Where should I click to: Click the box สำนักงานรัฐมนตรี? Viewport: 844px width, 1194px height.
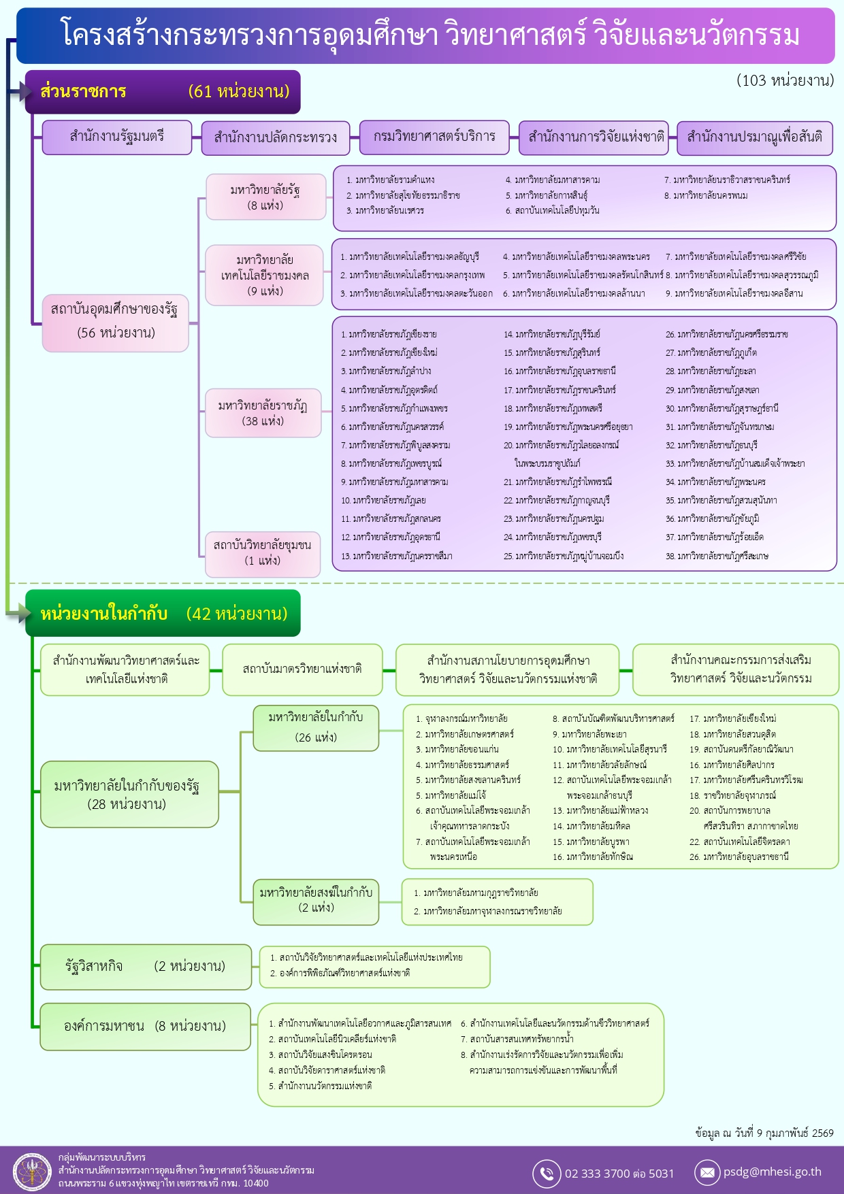tap(117, 137)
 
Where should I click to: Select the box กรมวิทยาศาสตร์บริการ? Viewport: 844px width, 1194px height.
tap(434, 137)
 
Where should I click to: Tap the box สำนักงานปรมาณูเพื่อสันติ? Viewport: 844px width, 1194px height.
tap(754, 137)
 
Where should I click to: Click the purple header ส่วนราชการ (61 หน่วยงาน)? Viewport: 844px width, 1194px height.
tap(163, 92)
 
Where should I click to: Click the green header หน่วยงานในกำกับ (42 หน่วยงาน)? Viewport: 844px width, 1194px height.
tap(163, 614)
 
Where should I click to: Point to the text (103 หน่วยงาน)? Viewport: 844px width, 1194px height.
tap(785, 81)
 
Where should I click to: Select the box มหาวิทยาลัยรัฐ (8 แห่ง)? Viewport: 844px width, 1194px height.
tap(265, 197)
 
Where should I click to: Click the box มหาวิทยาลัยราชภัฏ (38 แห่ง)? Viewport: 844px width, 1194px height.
tap(263, 413)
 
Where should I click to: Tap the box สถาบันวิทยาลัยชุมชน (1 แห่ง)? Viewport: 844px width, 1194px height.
tap(263, 553)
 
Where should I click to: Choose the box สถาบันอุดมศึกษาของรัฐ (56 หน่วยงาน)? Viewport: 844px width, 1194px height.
tap(116, 322)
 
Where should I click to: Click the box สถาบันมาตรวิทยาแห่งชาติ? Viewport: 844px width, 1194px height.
tap(302, 669)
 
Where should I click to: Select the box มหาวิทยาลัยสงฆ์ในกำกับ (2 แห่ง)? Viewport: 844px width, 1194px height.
tap(316, 900)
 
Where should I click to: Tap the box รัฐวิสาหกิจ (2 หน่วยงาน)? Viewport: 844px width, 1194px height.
tap(146, 967)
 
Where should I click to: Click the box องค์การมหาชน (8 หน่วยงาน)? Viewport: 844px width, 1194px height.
tap(146, 1027)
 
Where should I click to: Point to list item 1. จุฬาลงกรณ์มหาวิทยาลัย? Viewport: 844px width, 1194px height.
tap(461, 719)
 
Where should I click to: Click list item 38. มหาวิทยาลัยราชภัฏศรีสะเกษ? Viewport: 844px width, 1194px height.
tap(717, 557)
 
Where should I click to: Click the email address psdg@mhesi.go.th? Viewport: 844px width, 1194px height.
tap(772, 1172)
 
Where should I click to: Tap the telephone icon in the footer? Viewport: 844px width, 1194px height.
tap(547, 1173)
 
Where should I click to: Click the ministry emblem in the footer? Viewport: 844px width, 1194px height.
tap(32, 1172)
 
